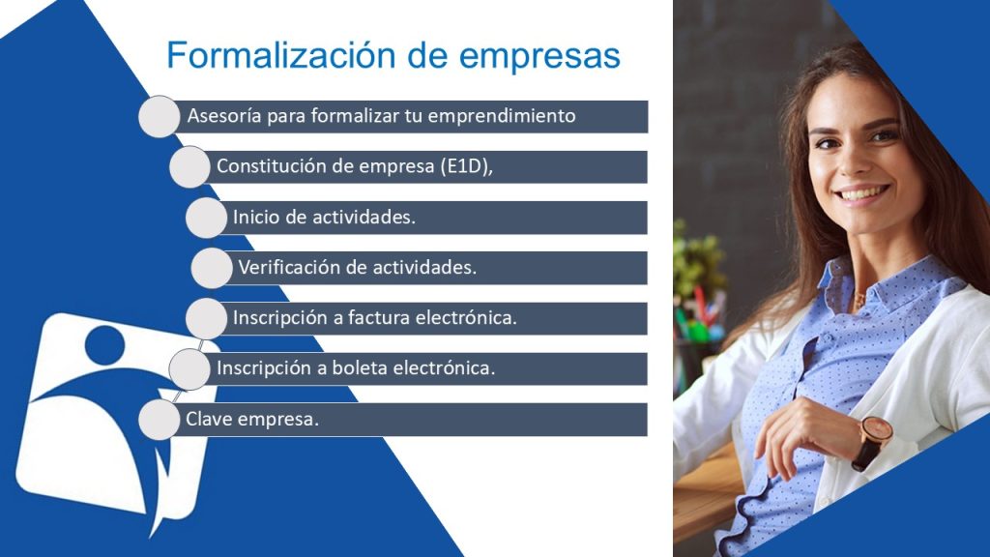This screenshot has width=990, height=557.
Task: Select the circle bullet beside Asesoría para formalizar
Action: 160,117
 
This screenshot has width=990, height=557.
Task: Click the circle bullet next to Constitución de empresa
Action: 189,166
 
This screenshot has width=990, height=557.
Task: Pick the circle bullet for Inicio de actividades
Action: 207,218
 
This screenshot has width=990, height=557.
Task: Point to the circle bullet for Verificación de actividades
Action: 212,268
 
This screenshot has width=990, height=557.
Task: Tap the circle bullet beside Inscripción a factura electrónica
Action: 207,318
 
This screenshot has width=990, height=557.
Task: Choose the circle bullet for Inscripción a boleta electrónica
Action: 189,368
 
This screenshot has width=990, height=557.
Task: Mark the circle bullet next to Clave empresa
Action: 160,420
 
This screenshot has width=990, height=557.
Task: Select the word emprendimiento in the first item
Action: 502,117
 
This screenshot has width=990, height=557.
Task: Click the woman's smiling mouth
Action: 863,193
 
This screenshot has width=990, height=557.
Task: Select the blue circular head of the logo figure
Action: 104,345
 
